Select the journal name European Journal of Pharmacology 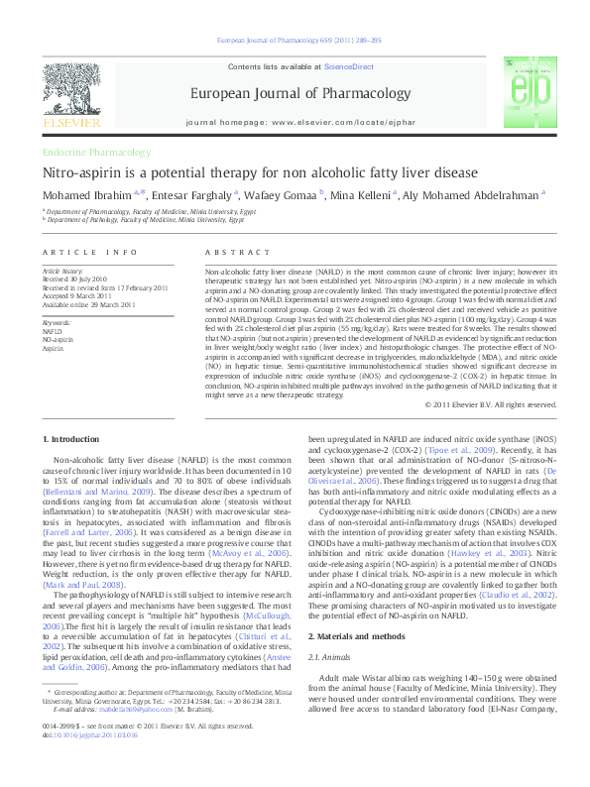pos(295,94)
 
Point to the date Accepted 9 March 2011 pos(77,293)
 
